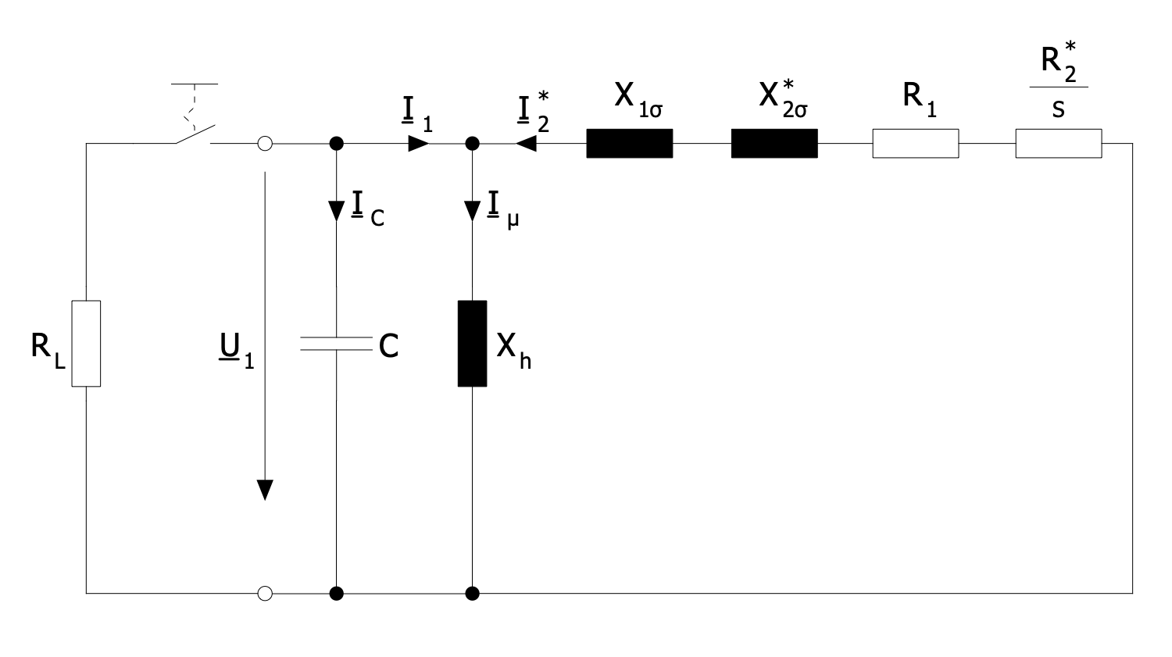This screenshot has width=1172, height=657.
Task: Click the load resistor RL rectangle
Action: pos(86,343)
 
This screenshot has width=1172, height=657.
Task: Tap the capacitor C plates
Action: pos(336,343)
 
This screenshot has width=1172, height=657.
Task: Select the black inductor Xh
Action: pos(472,343)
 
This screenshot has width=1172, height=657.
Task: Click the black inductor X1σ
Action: pos(629,144)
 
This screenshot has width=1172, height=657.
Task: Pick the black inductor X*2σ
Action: pos(774,144)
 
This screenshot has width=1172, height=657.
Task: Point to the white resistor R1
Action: pos(915,144)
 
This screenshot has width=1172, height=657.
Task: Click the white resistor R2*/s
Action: pos(1058,144)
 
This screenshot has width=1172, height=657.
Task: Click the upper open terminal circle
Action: pos(265,144)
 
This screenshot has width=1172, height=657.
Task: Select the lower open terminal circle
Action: pos(265,594)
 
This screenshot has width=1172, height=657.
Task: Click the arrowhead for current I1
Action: pos(419,144)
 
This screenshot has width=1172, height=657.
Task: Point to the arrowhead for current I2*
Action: pos(526,144)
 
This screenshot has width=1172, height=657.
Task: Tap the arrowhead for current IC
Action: pos(336,210)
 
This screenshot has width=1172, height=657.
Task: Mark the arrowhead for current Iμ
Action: pos(472,210)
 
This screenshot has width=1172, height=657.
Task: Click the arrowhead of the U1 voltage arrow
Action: pos(265,488)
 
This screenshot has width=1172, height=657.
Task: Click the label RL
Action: pos(47,347)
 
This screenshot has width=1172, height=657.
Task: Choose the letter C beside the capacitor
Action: pos(388,346)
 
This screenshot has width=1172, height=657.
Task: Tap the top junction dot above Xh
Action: pos(472,144)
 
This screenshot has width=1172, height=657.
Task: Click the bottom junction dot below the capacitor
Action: pos(336,594)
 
